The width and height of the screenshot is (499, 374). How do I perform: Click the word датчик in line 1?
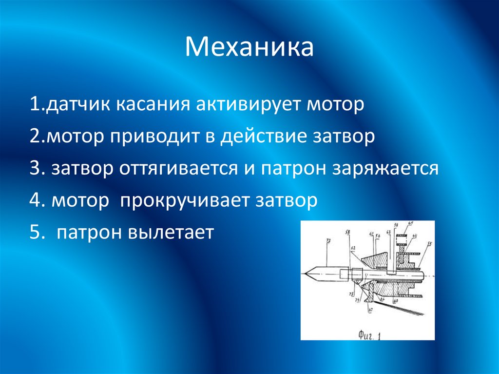click(x=77, y=105)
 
